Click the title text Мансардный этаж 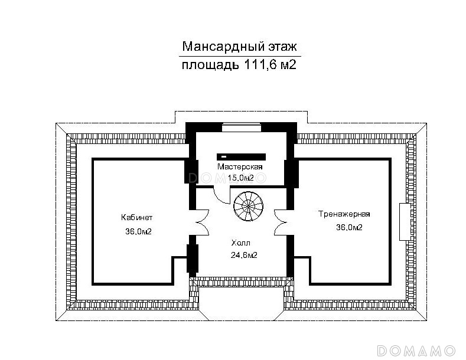tap(239, 47)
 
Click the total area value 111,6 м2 tap(270, 64)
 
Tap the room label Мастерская tap(240, 166)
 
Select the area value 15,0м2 tap(241, 178)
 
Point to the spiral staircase tap(248, 206)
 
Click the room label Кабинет tap(136, 217)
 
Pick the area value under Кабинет tap(138, 231)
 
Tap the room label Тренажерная tap(344, 214)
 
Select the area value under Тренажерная tap(349, 227)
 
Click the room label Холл tap(241, 243)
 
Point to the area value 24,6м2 tap(244, 255)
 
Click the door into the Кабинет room tap(203, 222)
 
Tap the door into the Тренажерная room tap(281, 222)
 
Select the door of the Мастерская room tap(221, 195)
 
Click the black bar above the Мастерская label tap(241, 156)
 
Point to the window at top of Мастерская tap(242, 127)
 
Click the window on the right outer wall tap(405, 221)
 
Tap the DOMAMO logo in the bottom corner tap(416, 351)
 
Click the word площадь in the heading tap(210, 65)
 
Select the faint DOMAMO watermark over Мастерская tap(227, 178)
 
